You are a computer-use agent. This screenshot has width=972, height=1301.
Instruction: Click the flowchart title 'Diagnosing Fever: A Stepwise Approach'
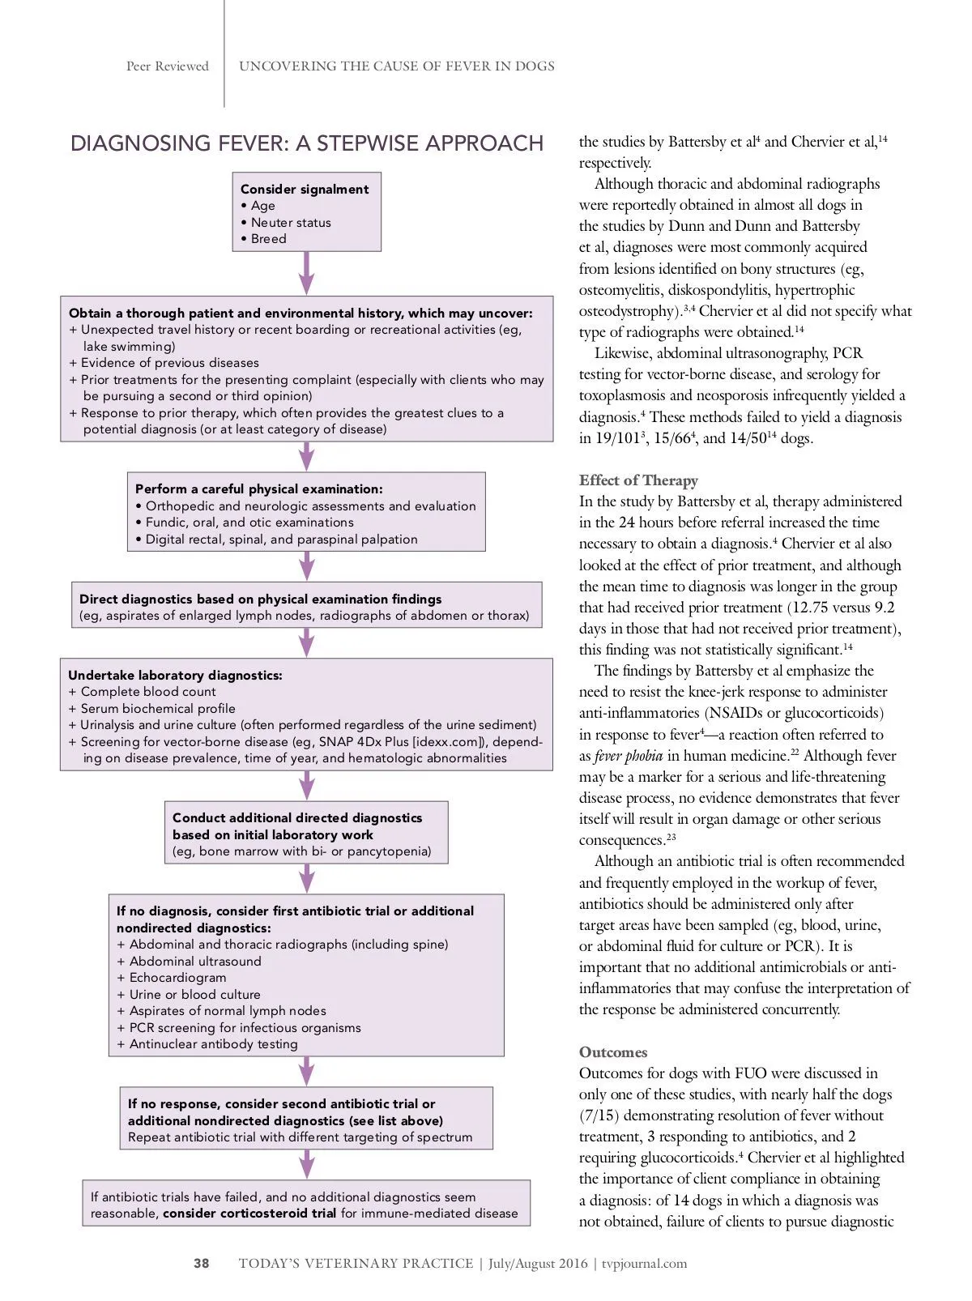point(306,143)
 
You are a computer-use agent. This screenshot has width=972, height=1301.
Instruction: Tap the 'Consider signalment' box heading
point(304,189)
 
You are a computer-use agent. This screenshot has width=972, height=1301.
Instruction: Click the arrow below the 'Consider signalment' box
point(306,273)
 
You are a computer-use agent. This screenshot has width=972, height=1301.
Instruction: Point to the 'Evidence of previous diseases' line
point(169,363)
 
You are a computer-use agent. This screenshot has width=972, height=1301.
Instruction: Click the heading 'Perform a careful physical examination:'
point(258,489)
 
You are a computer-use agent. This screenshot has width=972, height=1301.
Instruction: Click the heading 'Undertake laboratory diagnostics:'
point(175,675)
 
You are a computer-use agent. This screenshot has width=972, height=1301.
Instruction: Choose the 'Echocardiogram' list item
point(177,978)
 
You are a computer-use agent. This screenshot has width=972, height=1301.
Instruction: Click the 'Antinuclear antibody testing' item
point(213,1044)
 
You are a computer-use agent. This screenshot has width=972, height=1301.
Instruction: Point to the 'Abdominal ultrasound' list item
point(194,962)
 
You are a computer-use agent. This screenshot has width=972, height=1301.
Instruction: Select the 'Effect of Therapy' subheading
point(638,480)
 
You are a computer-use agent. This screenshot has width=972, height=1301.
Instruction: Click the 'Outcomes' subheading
point(613,1052)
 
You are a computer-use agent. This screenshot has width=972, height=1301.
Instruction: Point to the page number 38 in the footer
point(201,1263)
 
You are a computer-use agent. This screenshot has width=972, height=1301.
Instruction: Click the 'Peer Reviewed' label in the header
point(168,66)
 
